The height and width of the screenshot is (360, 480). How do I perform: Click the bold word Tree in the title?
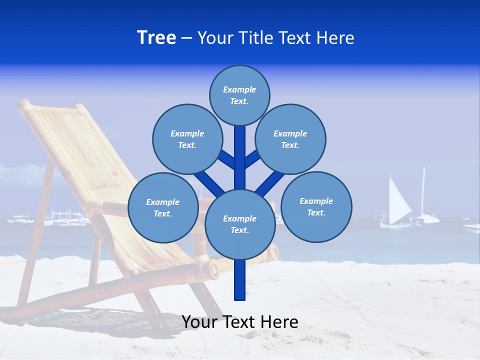156,38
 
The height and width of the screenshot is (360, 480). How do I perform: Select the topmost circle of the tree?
239,95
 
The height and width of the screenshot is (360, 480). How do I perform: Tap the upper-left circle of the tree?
187,139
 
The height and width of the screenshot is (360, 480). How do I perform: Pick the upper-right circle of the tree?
290,139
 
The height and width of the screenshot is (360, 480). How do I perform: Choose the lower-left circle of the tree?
162,207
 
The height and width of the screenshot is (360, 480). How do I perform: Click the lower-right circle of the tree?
316,206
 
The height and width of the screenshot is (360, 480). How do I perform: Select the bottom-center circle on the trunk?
239,224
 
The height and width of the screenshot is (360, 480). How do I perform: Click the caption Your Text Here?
239,322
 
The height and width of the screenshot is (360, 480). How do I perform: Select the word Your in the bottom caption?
199,322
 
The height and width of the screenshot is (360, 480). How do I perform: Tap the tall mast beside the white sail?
423,192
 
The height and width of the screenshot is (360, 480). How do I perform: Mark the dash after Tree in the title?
186,38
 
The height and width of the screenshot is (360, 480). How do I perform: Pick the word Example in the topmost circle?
239,89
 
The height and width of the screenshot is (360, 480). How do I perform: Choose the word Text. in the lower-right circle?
316,212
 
